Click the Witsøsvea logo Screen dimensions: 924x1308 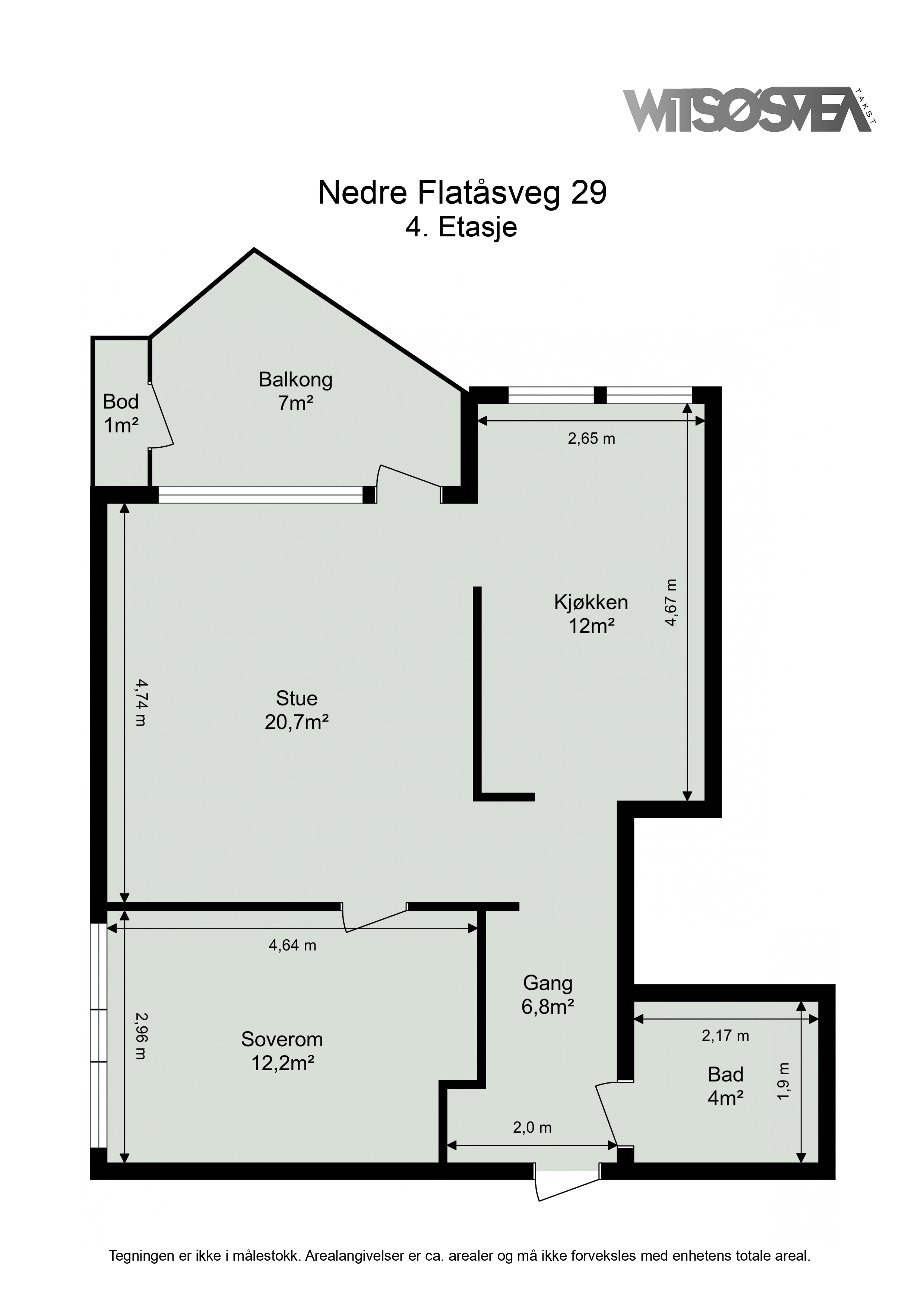pyautogui.click(x=749, y=110)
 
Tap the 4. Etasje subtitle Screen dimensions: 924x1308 pyautogui.click(x=461, y=227)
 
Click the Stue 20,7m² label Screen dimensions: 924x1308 pyautogui.click(x=297, y=710)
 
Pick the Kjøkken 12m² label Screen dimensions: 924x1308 pyautogui.click(x=591, y=614)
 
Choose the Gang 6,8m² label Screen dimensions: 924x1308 pyautogui.click(x=548, y=995)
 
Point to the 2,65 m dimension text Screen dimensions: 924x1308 pyautogui.click(x=592, y=438)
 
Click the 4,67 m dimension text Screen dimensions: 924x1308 pyautogui.click(x=672, y=603)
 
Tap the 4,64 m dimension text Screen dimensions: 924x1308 pyautogui.click(x=292, y=945)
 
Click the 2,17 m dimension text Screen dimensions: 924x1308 pyautogui.click(x=725, y=1036)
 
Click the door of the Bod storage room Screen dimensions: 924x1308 pyautogui.click(x=161, y=415)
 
